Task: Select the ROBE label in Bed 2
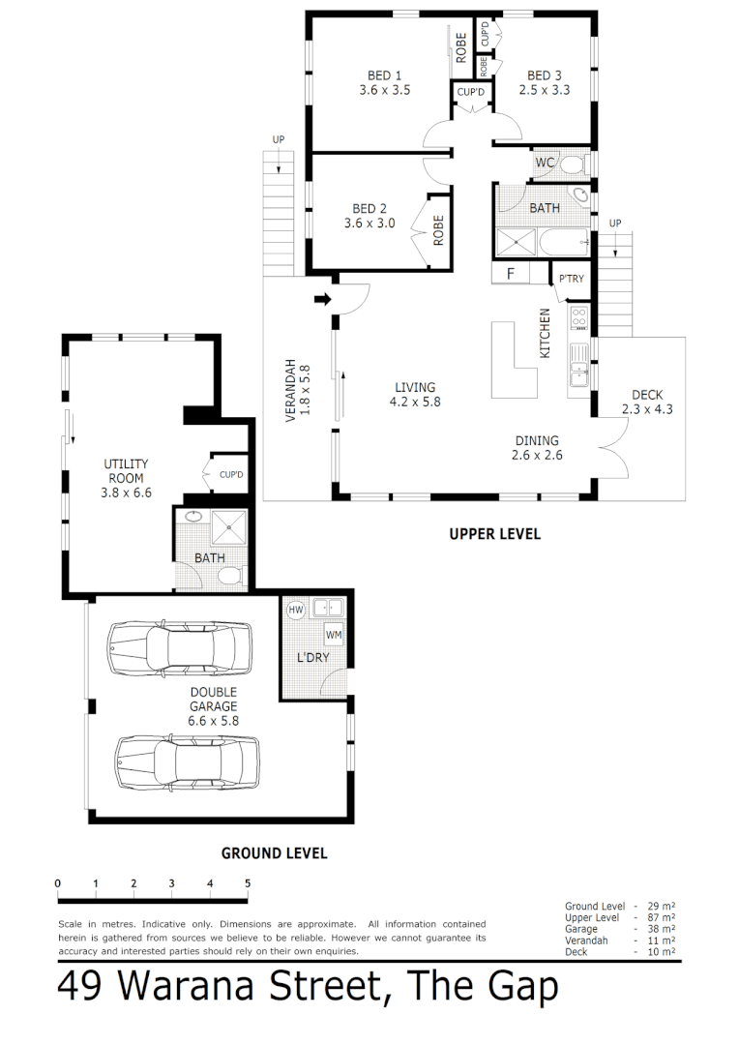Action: click(437, 229)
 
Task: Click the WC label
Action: click(545, 163)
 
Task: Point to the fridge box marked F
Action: click(511, 275)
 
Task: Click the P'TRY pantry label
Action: click(571, 280)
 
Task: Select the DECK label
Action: click(647, 395)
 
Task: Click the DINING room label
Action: click(537, 441)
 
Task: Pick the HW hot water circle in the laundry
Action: click(296, 610)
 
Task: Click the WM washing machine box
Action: click(334, 635)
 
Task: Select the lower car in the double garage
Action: click(188, 761)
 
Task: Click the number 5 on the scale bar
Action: click(248, 883)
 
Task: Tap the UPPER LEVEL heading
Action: click(494, 534)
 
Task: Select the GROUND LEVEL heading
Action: click(274, 853)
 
